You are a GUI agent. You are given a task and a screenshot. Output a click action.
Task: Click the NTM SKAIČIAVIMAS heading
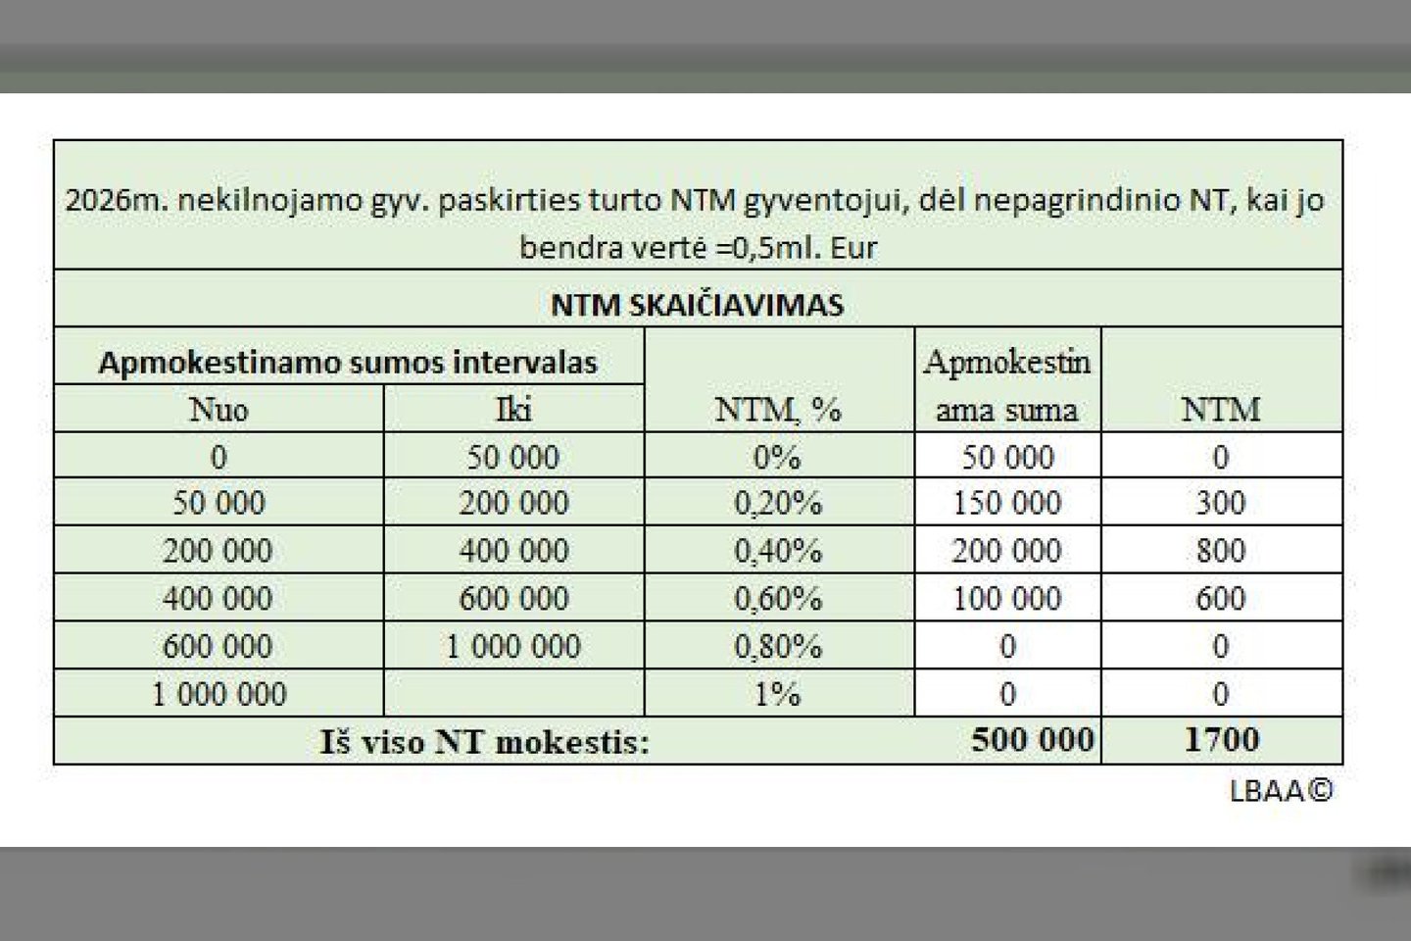point(697,304)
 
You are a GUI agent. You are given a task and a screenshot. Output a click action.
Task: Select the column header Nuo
point(219,409)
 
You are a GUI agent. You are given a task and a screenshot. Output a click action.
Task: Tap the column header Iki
point(513,409)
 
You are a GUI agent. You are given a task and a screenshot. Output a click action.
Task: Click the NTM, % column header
point(778,409)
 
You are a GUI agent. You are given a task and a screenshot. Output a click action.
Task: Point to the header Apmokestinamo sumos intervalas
point(348,363)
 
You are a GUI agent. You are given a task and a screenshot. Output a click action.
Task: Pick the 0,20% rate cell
point(778,503)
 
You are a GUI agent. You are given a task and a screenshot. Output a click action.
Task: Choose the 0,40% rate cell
point(778,551)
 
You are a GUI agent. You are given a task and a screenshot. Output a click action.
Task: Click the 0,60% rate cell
point(778,598)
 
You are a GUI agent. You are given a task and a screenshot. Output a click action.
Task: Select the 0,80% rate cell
point(778,646)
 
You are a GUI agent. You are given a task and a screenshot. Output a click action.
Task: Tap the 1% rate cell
point(778,694)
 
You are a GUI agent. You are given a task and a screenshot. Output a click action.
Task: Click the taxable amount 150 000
point(1007,503)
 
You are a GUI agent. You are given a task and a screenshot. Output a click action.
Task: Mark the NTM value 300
point(1220,503)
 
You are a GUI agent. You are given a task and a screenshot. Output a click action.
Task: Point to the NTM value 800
point(1220,551)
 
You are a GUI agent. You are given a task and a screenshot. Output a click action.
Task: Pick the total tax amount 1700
point(1221,739)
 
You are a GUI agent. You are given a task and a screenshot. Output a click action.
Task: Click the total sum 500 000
point(1033,739)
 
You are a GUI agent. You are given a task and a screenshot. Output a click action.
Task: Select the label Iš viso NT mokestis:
point(484,742)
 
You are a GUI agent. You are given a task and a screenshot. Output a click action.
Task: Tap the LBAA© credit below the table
point(1281,790)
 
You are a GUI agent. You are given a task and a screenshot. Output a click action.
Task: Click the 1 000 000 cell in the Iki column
point(513,646)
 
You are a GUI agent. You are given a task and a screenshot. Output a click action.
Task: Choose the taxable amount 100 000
point(1007,598)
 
